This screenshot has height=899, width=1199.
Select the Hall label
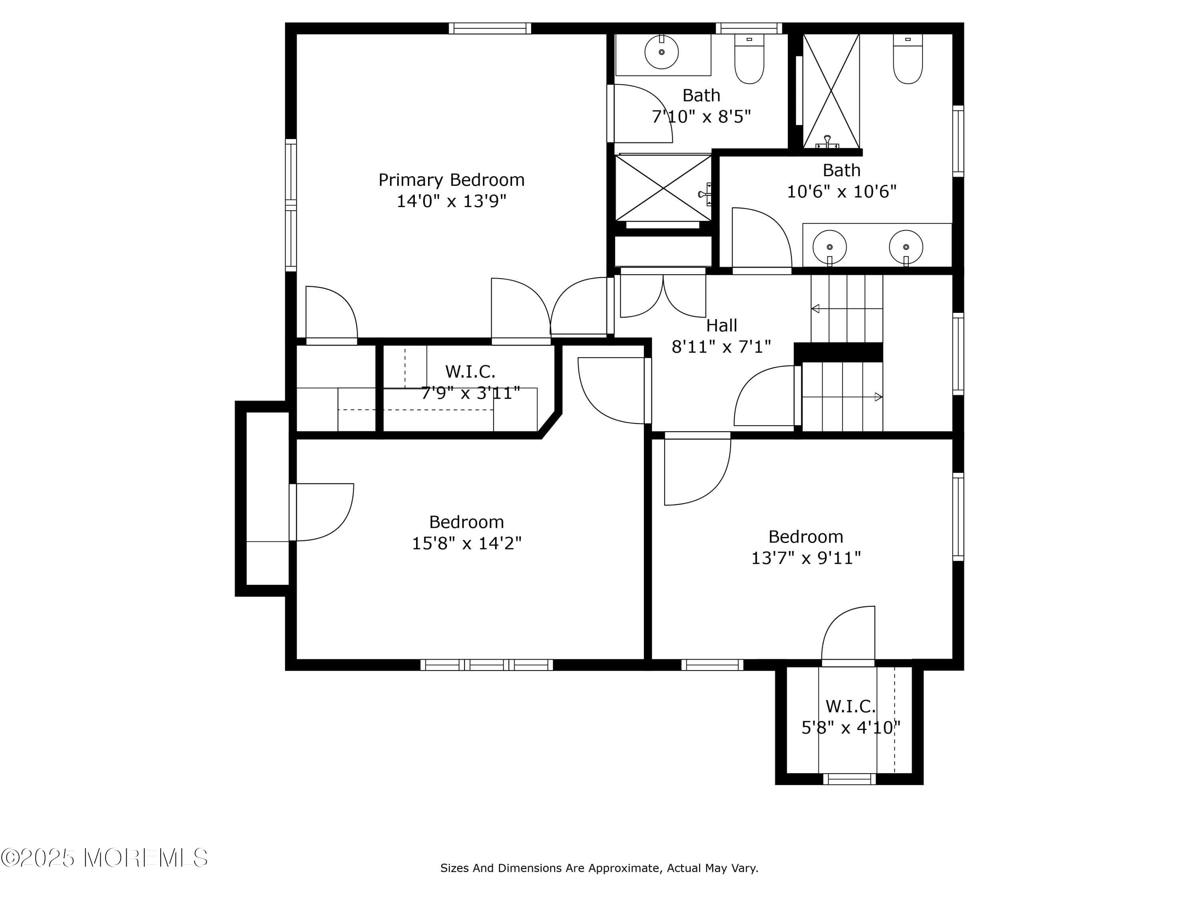click(x=721, y=326)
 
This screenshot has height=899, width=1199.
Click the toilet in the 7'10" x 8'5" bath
click(x=749, y=60)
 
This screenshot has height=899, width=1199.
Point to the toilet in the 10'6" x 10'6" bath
click(x=907, y=60)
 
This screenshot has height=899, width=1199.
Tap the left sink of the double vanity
click(x=829, y=247)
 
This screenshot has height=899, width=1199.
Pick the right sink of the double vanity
click(x=906, y=247)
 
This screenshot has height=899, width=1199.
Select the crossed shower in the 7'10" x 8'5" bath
click(x=663, y=188)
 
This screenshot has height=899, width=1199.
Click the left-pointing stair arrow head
click(x=815, y=309)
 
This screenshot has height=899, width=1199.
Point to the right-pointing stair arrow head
click(x=878, y=397)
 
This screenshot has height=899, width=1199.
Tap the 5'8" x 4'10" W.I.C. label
click(x=850, y=707)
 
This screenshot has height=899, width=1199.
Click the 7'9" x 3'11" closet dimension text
click(x=470, y=393)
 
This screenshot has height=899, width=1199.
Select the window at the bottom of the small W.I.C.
click(x=849, y=779)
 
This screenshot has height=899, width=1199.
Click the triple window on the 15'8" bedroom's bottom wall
click(x=486, y=665)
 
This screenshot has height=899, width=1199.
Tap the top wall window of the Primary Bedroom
click(x=490, y=28)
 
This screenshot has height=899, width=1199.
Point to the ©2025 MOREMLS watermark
click(x=104, y=858)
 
